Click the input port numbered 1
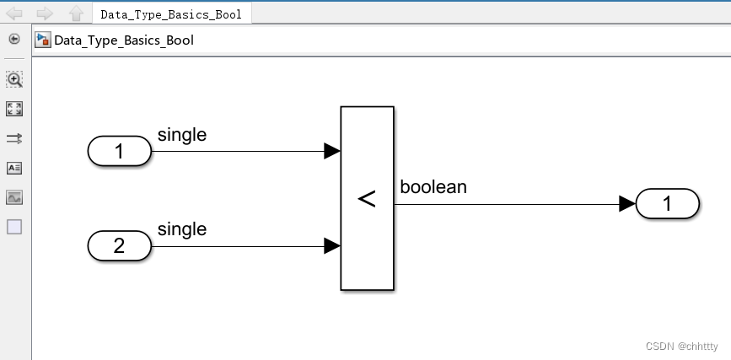119,152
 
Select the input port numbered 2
119,246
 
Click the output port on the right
667,203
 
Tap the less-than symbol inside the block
367,199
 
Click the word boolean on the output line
433,187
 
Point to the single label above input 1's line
182,135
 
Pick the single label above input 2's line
182,229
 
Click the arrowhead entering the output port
626,203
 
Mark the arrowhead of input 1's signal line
332,152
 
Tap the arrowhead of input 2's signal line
332,246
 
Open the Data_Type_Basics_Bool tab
170,14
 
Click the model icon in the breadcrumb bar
42,40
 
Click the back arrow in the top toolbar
15,13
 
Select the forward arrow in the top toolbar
45,13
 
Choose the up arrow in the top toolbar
75,13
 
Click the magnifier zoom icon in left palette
14,79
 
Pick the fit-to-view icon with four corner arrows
14,109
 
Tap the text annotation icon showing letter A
14,168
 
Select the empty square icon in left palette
14,227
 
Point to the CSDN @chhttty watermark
682,347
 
